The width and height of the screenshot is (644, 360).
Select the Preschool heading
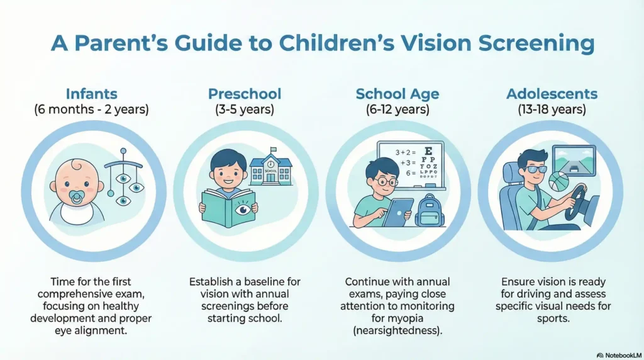245,94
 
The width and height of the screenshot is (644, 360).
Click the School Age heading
397,94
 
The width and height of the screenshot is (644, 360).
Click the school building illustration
270,167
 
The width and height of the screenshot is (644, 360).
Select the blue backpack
430,210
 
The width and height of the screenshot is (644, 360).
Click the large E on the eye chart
429,151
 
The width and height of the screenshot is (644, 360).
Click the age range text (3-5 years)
245,110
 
